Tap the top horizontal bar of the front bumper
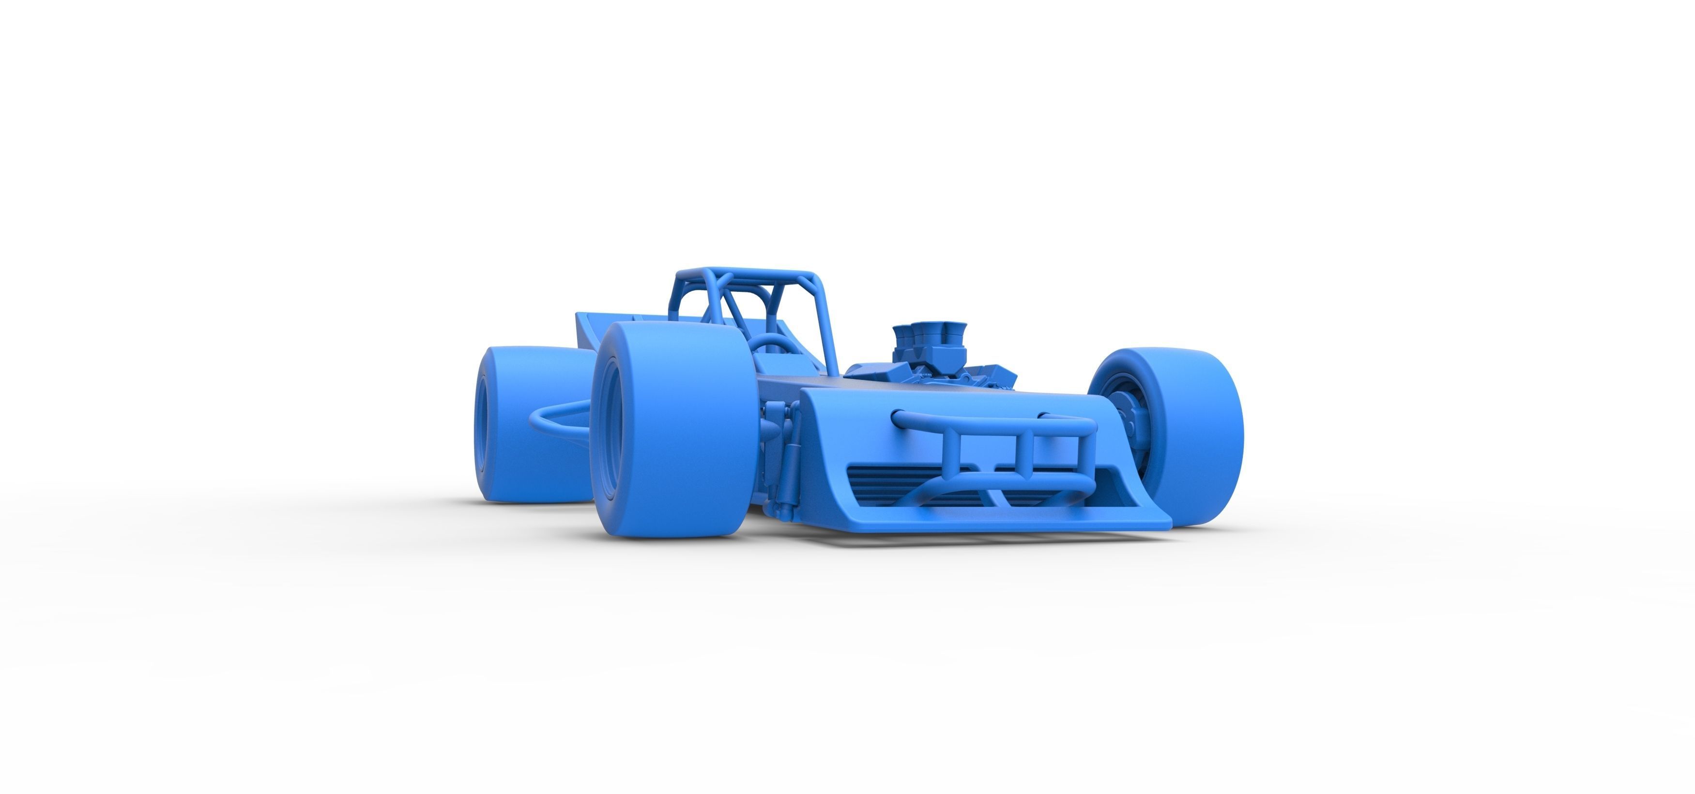[x=993, y=421]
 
